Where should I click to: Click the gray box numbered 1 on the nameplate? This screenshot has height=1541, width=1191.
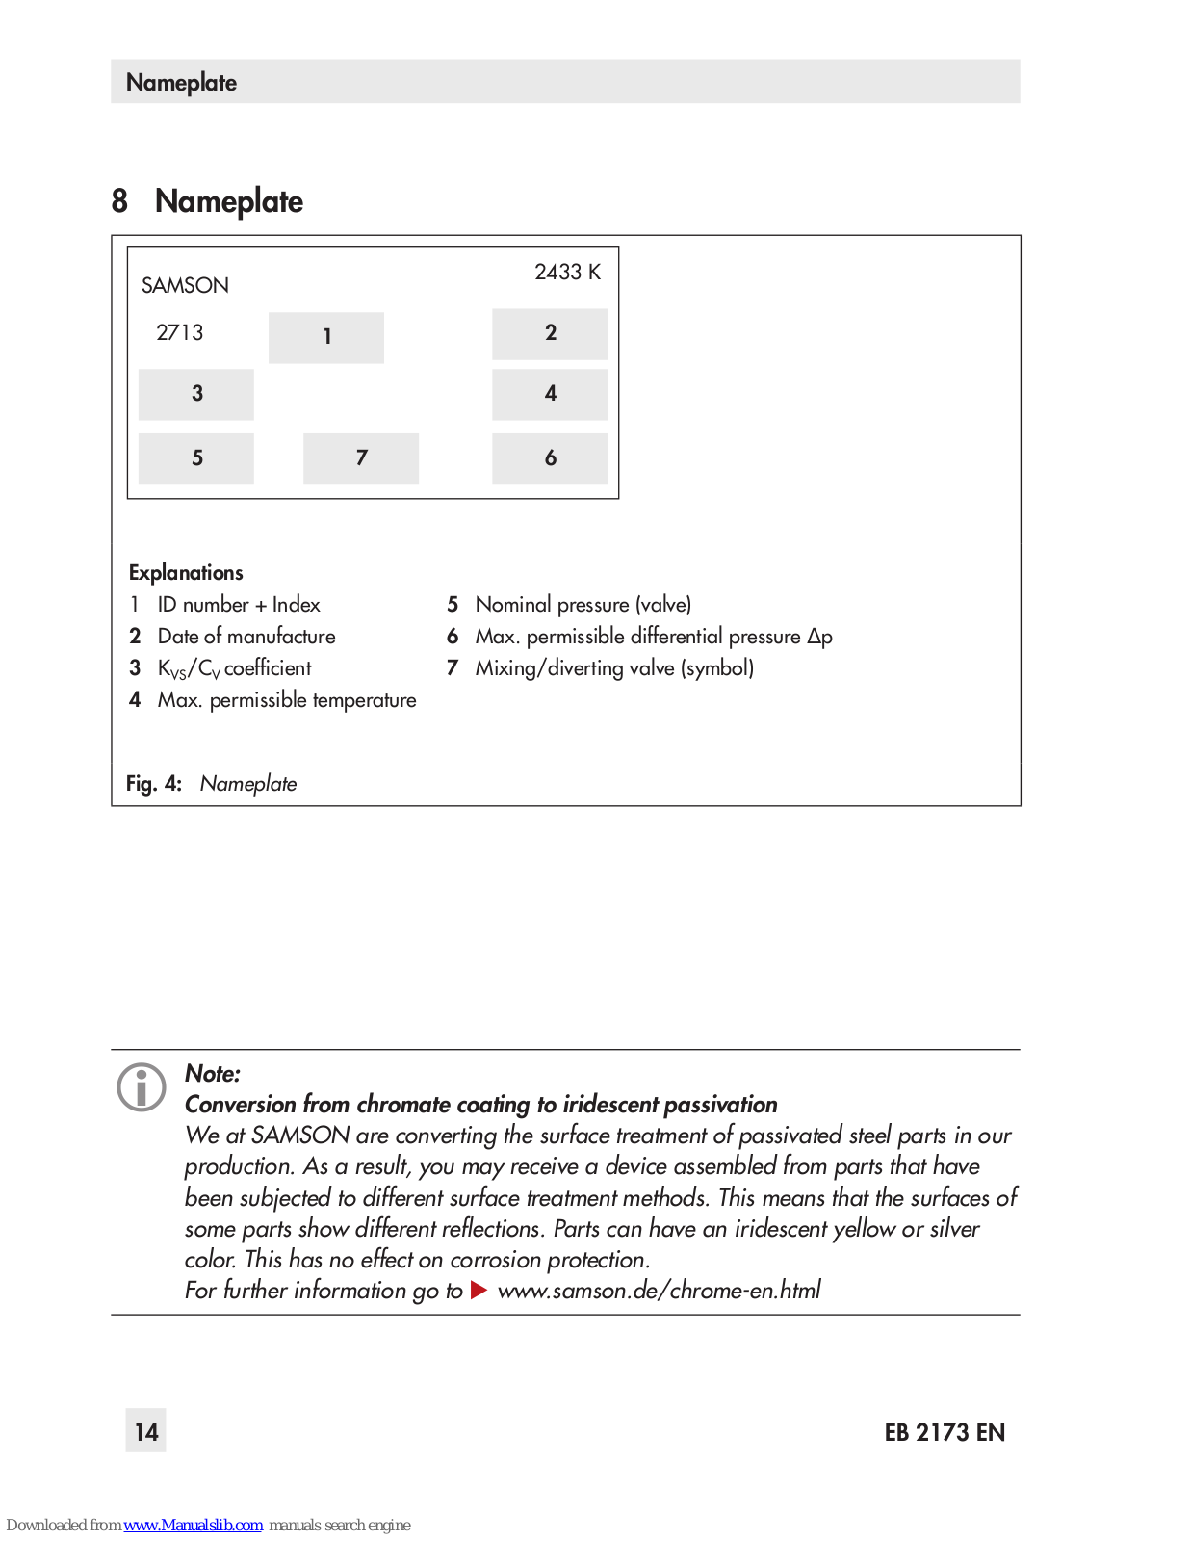[x=325, y=337]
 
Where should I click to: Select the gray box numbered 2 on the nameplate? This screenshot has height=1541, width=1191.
[x=550, y=333]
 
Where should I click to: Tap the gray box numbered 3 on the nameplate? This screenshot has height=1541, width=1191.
[x=196, y=394]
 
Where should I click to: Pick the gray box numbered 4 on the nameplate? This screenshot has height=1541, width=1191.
[x=550, y=394]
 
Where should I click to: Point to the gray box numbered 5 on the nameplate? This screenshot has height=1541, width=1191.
[x=196, y=458]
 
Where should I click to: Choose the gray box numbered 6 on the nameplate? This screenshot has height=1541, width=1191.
[x=550, y=458]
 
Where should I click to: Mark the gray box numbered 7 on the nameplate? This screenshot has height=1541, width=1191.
[x=361, y=458]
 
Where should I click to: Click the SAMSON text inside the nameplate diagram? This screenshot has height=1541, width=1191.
[x=185, y=286]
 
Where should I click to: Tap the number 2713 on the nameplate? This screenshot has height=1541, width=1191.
[x=180, y=333]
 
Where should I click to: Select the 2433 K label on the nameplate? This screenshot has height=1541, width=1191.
[x=567, y=273]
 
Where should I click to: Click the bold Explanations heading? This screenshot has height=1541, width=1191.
[x=186, y=573]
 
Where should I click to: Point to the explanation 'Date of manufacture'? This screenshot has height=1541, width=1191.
[x=246, y=637]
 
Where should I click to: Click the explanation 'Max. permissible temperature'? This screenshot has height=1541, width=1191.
[x=287, y=700]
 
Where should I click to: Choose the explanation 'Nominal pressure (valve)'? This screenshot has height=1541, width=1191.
[x=583, y=605]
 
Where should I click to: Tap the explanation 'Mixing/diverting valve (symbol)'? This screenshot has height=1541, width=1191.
[x=614, y=668]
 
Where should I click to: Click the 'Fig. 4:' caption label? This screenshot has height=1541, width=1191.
[x=154, y=784]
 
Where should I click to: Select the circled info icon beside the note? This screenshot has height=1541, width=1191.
[x=142, y=1088]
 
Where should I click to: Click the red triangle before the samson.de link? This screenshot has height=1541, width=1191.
[x=479, y=1291]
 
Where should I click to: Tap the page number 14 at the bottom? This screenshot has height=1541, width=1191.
[x=146, y=1432]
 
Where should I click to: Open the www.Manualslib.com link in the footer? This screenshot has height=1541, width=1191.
[x=193, y=1526]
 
